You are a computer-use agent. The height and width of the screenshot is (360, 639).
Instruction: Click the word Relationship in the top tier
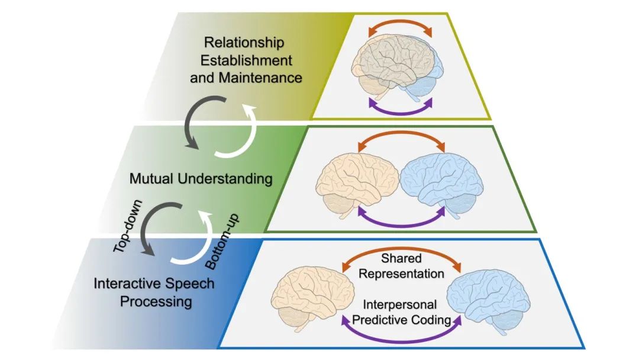tap(244, 43)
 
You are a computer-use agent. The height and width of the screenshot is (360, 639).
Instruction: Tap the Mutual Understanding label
tap(201, 178)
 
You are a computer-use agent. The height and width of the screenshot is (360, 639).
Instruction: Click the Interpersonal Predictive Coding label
tap(399, 311)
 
